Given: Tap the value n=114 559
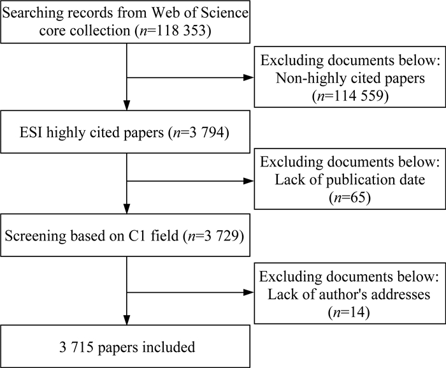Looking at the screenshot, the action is tap(350, 96).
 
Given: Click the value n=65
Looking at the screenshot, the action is tap(350, 197).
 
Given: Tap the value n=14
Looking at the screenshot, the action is tap(349, 312).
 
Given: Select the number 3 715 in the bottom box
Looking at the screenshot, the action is tap(76, 347).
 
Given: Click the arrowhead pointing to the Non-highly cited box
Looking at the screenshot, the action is tap(249, 77).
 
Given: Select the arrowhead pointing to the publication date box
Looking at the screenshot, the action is tap(249, 181).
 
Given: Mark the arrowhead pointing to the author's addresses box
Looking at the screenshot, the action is tap(249, 292).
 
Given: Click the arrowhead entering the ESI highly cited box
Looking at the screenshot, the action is tap(127, 105).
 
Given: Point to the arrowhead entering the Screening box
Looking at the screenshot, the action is tap(127, 209).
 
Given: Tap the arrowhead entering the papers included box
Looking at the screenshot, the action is tap(127, 320).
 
